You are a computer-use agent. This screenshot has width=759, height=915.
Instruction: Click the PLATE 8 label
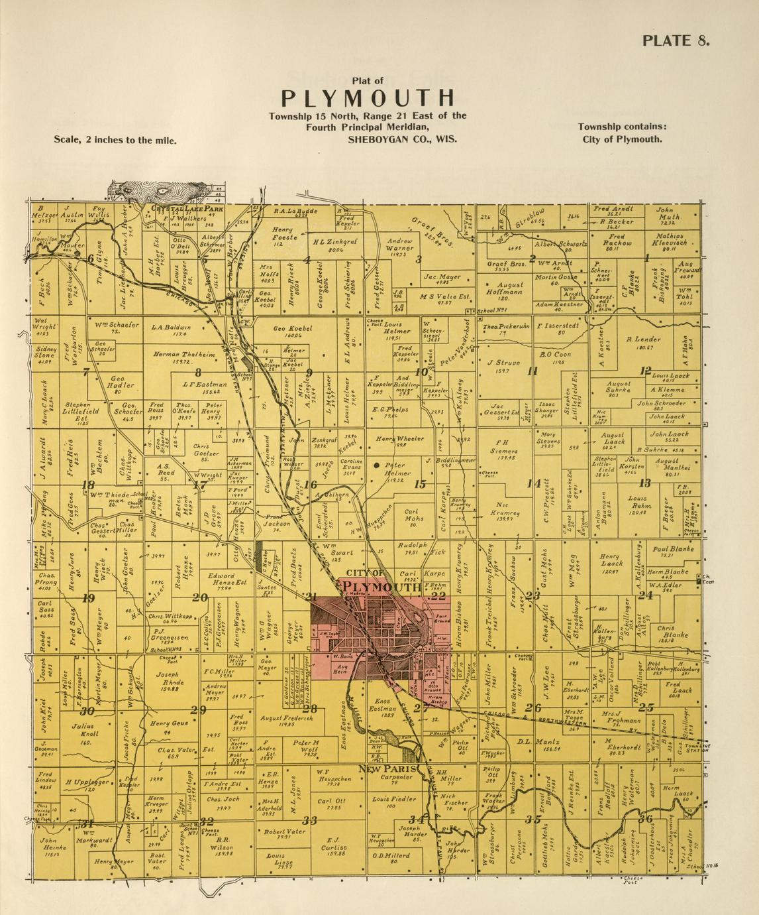676,40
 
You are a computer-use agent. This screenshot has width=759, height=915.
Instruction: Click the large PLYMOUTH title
368,97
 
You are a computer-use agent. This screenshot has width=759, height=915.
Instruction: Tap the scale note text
115,140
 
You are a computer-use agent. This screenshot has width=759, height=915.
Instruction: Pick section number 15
419,485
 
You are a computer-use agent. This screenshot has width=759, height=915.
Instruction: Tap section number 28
309,709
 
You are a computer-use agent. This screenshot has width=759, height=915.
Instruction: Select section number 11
532,371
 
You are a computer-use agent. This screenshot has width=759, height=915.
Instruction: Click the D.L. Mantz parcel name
534,741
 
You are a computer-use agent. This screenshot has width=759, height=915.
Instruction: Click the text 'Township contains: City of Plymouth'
622,133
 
